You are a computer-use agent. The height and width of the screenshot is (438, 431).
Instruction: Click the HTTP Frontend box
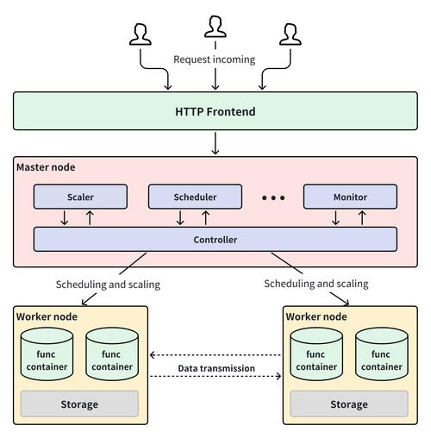coord(215,112)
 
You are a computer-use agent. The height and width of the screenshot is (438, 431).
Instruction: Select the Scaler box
coord(80,197)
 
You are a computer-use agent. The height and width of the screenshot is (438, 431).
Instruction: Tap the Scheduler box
coord(194,197)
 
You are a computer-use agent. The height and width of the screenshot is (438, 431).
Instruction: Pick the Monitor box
coord(350,197)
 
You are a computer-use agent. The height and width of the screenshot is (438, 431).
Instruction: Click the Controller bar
coord(215,239)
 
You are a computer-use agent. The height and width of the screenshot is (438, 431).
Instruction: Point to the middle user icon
coord(215,28)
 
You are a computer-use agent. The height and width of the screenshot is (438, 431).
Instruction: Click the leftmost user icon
coord(140,34)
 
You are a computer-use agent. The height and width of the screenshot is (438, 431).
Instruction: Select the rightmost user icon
coord(290,34)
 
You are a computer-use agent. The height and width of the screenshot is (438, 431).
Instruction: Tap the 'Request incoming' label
coord(215,59)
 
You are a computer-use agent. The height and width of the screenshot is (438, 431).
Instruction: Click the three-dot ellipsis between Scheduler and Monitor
coord(272,197)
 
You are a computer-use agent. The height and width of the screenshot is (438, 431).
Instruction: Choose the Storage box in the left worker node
coord(79,404)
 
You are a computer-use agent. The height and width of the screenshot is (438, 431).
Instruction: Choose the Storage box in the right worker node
coord(348,404)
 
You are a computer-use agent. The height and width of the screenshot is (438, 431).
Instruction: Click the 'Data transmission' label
coord(216,368)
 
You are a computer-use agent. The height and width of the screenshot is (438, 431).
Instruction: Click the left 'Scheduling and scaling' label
coord(108,284)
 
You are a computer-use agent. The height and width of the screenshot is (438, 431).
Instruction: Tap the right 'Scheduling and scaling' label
coord(315,283)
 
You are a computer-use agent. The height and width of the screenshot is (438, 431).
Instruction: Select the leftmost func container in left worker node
coord(47,356)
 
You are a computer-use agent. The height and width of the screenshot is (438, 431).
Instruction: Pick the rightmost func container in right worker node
coord(381,356)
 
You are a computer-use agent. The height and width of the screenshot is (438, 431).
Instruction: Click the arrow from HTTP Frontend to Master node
coord(215,143)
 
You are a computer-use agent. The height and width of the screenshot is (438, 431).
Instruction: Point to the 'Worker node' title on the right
coord(316,316)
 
